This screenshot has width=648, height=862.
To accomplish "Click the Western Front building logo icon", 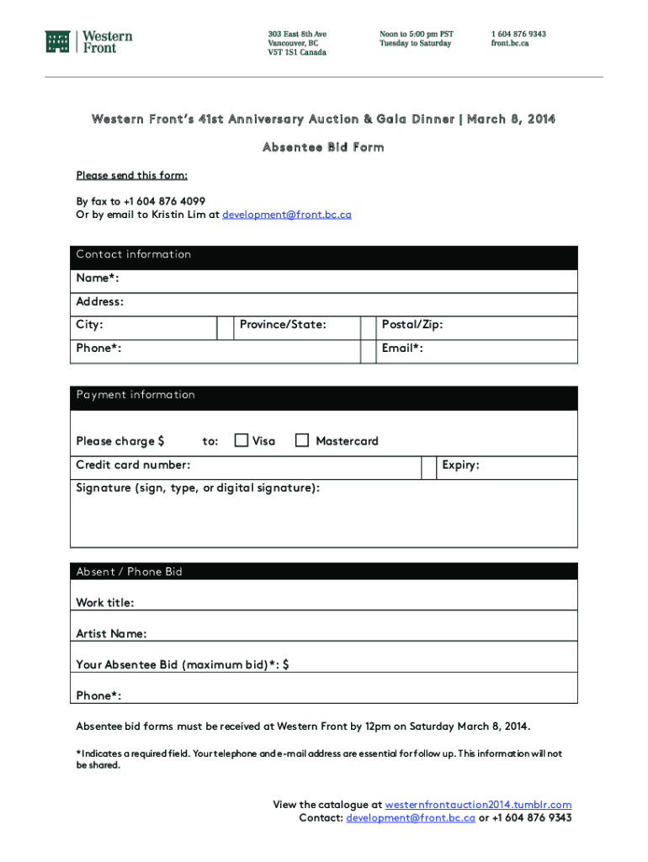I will (57, 42).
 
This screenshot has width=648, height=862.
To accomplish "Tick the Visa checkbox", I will (242, 440).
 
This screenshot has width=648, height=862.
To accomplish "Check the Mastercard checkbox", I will (302, 440).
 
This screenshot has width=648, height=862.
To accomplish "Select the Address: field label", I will (100, 301).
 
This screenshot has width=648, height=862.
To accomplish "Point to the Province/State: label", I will (283, 325).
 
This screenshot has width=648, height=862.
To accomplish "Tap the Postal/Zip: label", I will (412, 325).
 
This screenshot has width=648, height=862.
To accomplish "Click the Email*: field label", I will (402, 348).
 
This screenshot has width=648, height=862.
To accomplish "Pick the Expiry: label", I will (460, 465).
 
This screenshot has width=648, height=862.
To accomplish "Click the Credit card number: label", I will (133, 465).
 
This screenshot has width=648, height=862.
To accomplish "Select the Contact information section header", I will (134, 254).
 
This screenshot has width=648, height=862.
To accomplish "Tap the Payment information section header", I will (135, 395).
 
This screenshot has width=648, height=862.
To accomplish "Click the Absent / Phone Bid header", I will (129, 572).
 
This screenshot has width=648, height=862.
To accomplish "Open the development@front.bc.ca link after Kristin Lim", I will (286, 215).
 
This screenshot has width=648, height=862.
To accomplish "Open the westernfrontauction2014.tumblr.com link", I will (478, 805).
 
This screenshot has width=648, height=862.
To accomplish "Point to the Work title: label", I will (105, 603).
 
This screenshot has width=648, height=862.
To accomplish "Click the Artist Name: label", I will (111, 633).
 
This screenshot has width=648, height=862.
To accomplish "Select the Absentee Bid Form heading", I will (323, 147).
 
